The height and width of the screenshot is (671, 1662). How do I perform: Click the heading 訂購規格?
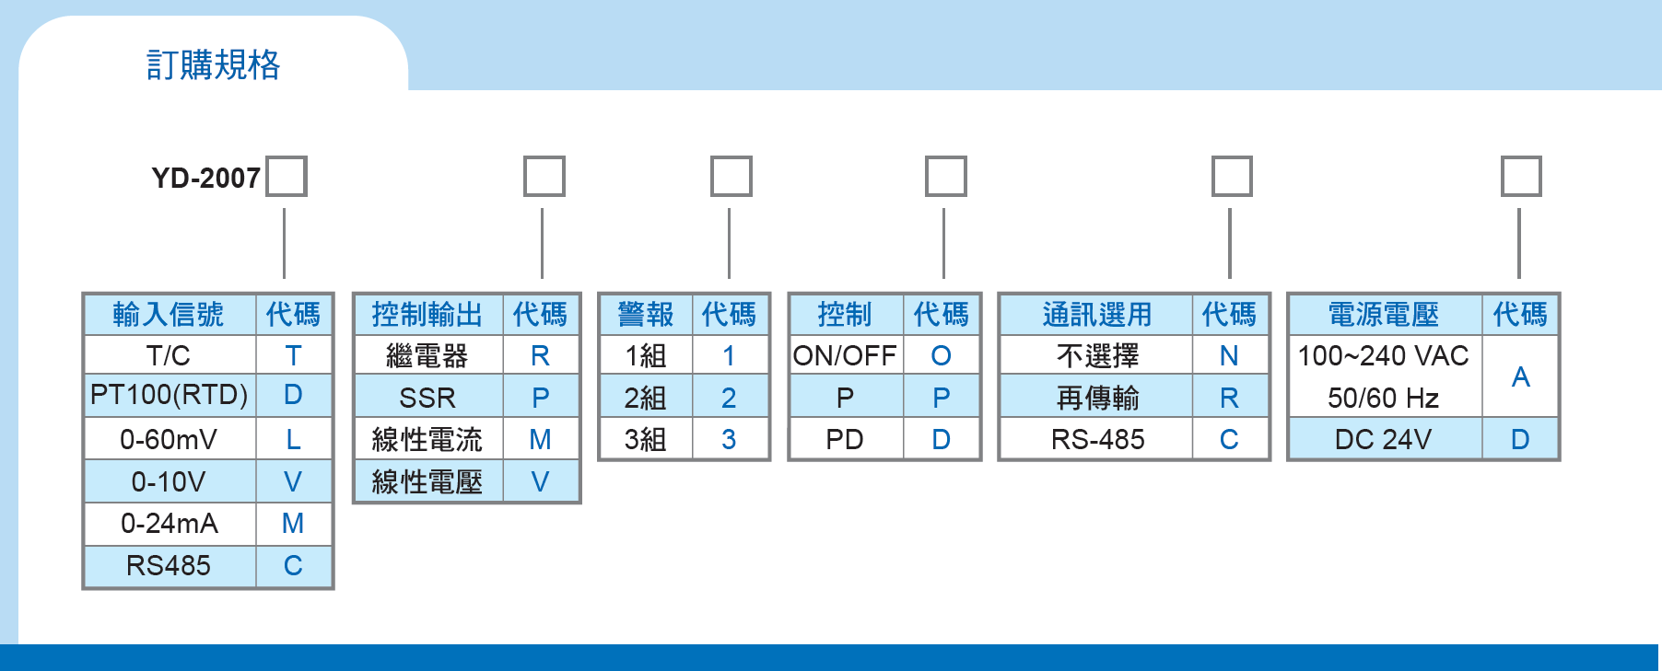tap(213, 64)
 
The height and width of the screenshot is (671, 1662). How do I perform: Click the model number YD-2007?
tap(206, 178)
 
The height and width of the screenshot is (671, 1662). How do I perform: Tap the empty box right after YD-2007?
tap(287, 176)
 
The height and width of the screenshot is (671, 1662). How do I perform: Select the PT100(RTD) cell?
tap(170, 395)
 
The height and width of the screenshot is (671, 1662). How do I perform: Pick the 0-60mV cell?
tap(170, 439)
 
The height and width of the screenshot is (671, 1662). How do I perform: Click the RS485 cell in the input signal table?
tap(170, 565)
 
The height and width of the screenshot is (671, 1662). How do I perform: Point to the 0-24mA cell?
tap(170, 524)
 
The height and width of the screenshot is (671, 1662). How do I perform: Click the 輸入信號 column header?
tap(170, 315)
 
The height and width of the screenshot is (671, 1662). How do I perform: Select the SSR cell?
tap(428, 398)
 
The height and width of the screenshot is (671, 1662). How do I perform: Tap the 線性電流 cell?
tap(428, 439)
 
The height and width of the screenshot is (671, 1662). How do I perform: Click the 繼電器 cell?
tap(428, 355)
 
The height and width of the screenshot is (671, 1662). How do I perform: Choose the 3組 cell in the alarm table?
tap(646, 439)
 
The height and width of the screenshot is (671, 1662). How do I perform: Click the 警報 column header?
tap(646, 315)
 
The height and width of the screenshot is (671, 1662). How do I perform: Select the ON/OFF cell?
tap(846, 355)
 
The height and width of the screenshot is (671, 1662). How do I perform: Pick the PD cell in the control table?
tap(846, 439)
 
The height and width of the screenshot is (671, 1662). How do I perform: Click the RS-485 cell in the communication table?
tap(1097, 439)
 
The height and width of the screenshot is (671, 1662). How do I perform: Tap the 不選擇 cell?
tap(1097, 355)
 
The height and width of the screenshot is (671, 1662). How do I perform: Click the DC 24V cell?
tap(1384, 439)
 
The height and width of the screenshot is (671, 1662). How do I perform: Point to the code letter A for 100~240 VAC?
tap(1521, 376)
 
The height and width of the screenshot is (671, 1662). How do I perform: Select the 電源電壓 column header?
tap(1384, 315)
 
